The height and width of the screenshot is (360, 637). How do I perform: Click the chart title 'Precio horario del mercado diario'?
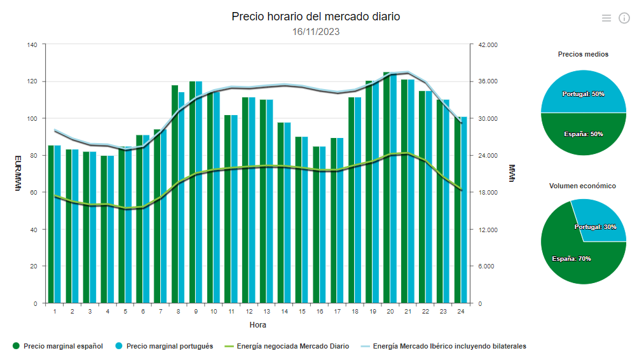316,17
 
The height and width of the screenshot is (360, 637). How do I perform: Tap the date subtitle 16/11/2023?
316,31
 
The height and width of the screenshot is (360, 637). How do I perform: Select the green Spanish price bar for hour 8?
175,194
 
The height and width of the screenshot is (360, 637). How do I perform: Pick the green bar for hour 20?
387,188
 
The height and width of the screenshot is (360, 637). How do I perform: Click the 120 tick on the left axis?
31,81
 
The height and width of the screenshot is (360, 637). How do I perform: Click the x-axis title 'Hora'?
257,325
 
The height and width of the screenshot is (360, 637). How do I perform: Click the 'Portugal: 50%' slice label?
583,93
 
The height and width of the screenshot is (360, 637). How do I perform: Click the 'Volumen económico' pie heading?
582,186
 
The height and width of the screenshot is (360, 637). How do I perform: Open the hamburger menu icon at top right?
606,18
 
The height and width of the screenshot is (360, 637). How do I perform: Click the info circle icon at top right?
624,18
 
